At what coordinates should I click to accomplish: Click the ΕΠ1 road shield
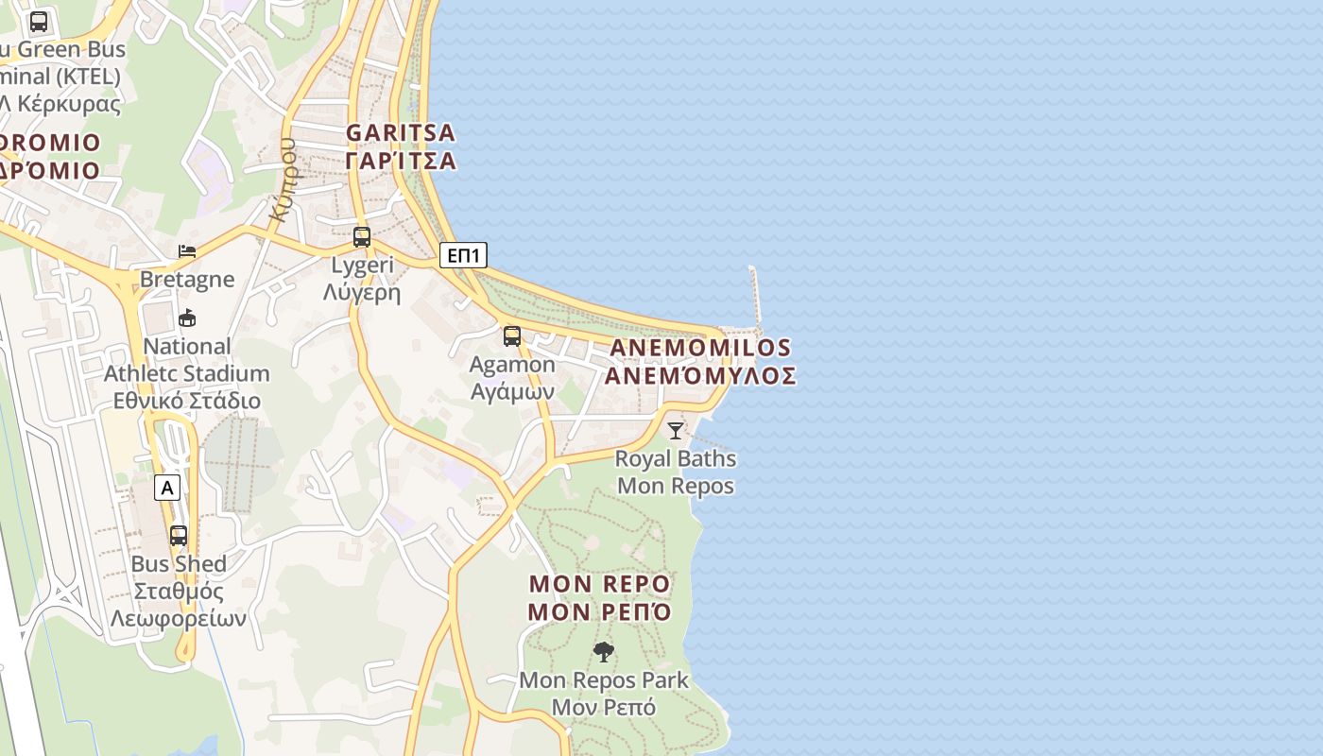click(463, 254)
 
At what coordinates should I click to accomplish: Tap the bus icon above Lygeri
click(362, 237)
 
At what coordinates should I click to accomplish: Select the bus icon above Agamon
click(512, 335)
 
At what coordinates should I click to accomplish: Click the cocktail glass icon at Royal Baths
click(675, 431)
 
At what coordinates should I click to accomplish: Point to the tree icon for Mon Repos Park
click(603, 651)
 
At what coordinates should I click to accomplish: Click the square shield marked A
click(167, 488)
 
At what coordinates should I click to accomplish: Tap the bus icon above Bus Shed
click(179, 536)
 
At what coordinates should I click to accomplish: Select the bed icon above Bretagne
click(187, 251)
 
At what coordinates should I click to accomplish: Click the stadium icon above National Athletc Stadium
click(187, 318)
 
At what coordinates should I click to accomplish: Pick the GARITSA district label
click(401, 132)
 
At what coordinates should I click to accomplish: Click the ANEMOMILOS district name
click(700, 348)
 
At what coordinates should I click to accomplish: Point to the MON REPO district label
click(599, 583)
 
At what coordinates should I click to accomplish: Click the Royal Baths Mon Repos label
click(676, 472)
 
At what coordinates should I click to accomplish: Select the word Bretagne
click(187, 279)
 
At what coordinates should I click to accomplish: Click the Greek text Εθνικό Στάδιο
click(187, 400)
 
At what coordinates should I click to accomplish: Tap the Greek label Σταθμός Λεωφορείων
click(179, 605)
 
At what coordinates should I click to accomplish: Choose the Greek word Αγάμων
click(512, 390)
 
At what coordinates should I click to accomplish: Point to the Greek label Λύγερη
click(362, 292)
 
